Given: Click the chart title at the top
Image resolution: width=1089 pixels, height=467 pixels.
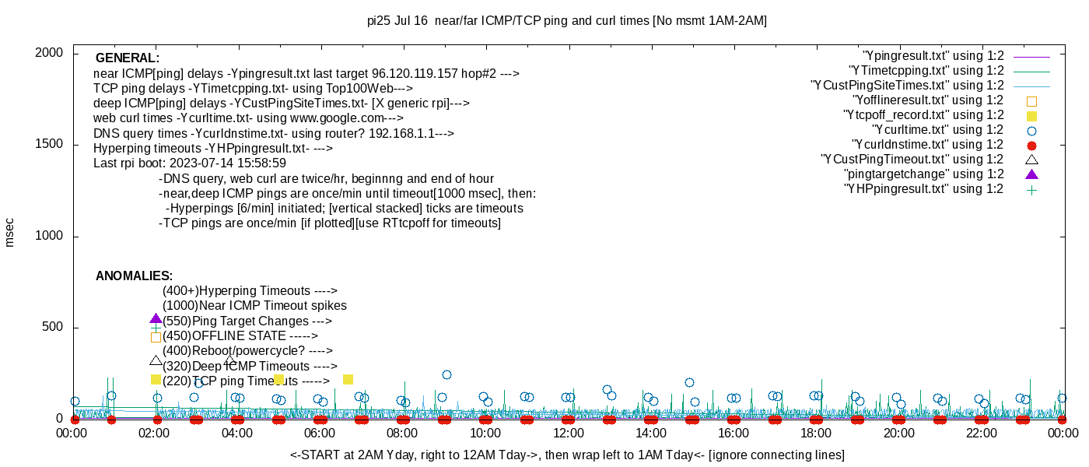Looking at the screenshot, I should pos(566,21).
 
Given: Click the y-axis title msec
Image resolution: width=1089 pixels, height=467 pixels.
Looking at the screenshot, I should pos(9,233).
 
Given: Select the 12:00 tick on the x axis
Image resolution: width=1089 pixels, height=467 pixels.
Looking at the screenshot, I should pos(568,433).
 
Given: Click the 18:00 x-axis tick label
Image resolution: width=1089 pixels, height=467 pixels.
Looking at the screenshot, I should pos(816,433).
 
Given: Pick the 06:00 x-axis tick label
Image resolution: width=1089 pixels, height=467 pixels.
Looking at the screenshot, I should pos(320,433).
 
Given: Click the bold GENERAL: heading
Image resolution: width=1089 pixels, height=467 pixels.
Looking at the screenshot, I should pos(128,58).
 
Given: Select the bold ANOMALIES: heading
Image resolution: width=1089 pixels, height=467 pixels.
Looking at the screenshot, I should pos(134,276).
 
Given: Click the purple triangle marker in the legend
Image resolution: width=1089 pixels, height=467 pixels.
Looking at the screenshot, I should pos(1031,174).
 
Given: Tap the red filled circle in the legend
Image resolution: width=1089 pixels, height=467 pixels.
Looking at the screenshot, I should pos(1031,145).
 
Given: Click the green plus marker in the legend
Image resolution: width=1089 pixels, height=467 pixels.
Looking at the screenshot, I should pos(1031,189).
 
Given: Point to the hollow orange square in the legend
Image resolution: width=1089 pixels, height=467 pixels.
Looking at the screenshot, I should pos(1031,100).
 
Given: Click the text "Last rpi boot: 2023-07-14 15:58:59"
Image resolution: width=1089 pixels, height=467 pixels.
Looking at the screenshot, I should pos(190,163).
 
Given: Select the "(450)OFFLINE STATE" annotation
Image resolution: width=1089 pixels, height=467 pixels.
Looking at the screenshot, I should pos(240,336).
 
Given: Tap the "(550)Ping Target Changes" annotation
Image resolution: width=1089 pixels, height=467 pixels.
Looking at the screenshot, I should pos(247,321).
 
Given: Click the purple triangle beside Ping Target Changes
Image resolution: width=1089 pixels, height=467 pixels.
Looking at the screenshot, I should pos(156,319).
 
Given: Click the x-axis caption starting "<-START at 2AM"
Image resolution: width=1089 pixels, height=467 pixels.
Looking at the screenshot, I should pos(567,455).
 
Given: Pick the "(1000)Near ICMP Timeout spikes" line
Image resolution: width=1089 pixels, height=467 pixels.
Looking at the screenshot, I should pos(254,306).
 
